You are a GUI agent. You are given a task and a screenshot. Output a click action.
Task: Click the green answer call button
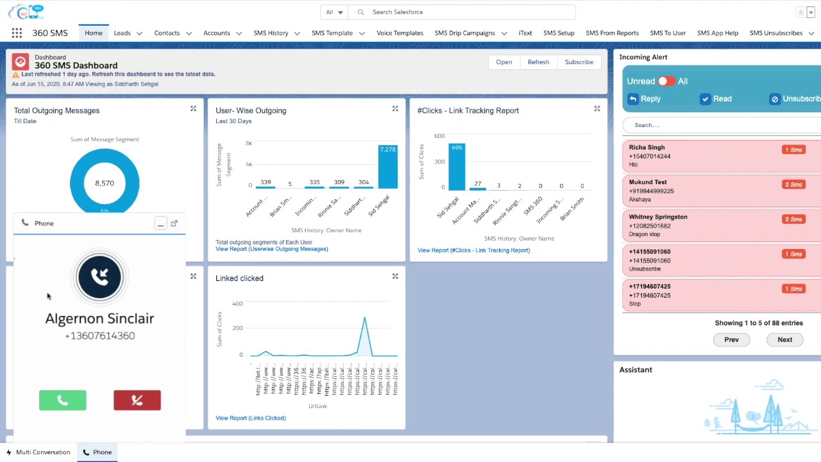pyautogui.click(x=62, y=400)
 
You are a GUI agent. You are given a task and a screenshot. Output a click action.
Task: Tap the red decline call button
pyautogui.click(x=137, y=400)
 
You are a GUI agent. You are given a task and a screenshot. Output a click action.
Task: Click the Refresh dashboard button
pyautogui.click(x=538, y=62)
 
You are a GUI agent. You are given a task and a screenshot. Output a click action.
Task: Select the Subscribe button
pyautogui.click(x=579, y=62)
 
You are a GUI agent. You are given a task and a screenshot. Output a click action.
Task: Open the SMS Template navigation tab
pyautogui.click(x=332, y=33)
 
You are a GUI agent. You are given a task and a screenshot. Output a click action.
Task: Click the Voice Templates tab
pyautogui.click(x=400, y=33)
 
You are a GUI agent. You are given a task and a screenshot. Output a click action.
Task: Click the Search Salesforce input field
pyautogui.click(x=468, y=12)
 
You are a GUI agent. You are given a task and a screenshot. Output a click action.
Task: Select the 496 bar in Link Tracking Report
pyautogui.click(x=457, y=168)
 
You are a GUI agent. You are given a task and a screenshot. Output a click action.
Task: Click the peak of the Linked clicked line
pyautogui.click(x=364, y=318)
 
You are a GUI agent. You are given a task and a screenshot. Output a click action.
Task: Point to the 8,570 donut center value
pyautogui.click(x=105, y=184)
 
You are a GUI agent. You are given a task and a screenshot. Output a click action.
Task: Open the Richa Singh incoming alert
pyautogui.click(x=647, y=148)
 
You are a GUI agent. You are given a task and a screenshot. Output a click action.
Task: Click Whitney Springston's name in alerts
pyautogui.click(x=657, y=217)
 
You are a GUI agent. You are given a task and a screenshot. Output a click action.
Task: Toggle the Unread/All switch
pyautogui.click(x=666, y=81)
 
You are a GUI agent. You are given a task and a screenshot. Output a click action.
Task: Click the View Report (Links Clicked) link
pyautogui.click(x=250, y=418)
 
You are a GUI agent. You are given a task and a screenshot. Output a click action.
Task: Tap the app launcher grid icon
pyautogui.click(x=17, y=33)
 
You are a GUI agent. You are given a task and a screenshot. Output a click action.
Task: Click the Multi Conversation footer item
pyautogui.click(x=38, y=452)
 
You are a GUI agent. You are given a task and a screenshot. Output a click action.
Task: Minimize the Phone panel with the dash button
pyautogui.click(x=160, y=223)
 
